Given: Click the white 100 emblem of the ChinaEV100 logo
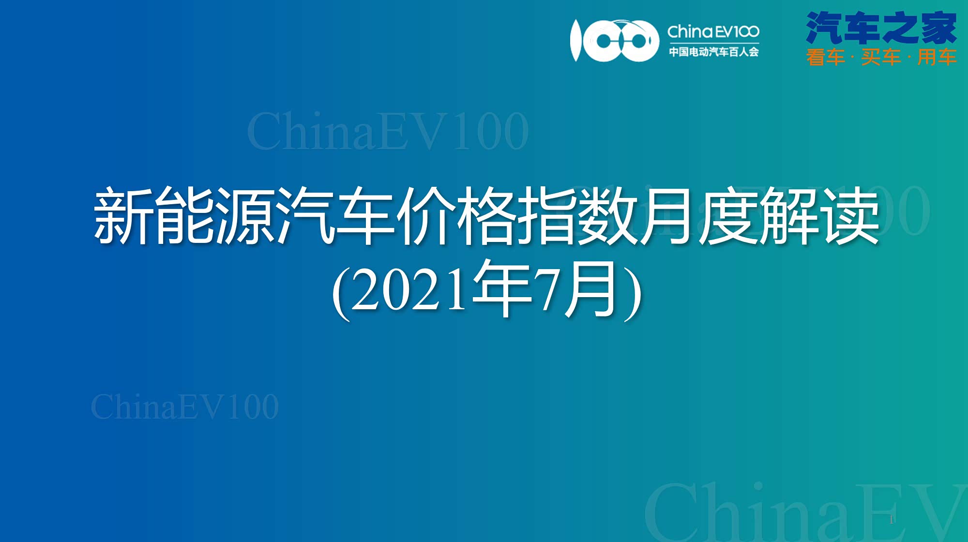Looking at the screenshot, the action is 614,41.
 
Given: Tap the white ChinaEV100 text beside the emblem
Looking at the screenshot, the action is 713,31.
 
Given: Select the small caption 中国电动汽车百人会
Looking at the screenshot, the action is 713,51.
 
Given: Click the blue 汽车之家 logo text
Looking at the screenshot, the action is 881,28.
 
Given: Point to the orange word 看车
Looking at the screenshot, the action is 826,57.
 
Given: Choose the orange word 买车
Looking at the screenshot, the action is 881,57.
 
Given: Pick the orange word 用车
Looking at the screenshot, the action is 937,57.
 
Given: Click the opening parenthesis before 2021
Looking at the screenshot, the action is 341,292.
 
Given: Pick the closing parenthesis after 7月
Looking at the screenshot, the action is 633,292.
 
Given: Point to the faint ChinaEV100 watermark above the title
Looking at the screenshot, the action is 388,131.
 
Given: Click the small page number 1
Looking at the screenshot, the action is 891,520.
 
